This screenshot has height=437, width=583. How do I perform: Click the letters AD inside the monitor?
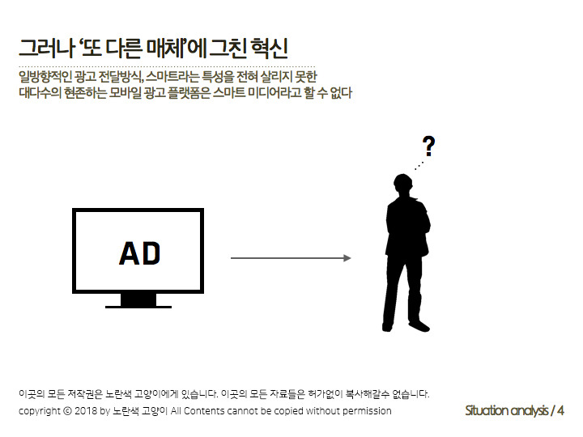tap(140, 253)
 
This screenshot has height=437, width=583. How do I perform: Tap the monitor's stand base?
tap(138, 306)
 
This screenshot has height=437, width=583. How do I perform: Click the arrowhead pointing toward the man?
tap(347, 258)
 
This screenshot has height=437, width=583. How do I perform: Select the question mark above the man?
tap(428, 146)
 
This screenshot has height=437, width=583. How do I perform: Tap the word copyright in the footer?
tap(39, 411)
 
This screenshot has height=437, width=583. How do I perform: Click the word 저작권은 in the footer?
tap(83, 395)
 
